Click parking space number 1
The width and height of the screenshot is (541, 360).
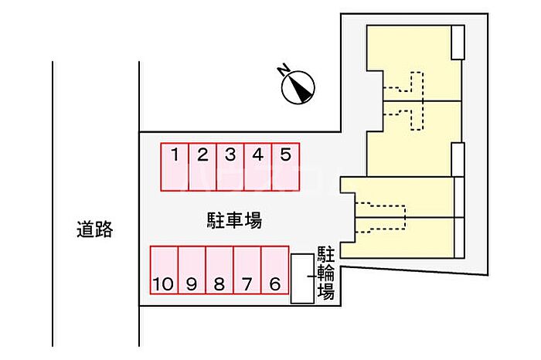[x=175, y=167]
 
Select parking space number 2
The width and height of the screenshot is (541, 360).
[x=202, y=167]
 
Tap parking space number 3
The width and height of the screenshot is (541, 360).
[x=230, y=167]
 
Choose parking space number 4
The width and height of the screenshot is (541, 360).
[x=258, y=167]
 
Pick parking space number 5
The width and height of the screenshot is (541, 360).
[x=285, y=167]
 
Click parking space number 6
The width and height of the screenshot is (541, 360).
[x=275, y=270]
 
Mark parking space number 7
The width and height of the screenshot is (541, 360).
[x=247, y=270]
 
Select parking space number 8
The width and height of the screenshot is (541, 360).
[x=219, y=270]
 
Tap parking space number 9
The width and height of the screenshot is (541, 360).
[x=192, y=270]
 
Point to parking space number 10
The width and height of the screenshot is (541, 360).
[x=164, y=270]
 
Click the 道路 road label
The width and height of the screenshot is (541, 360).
[x=94, y=229]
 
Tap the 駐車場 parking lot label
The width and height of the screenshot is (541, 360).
[x=235, y=220]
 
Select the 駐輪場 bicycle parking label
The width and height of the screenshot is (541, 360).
[x=326, y=273]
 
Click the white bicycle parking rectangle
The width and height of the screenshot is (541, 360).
[x=303, y=279]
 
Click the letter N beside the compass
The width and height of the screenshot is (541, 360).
[x=284, y=70]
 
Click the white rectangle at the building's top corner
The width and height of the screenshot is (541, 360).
[x=458, y=42]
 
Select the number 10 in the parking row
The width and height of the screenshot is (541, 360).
[x=163, y=284]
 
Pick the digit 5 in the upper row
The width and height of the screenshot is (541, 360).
[x=285, y=155]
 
